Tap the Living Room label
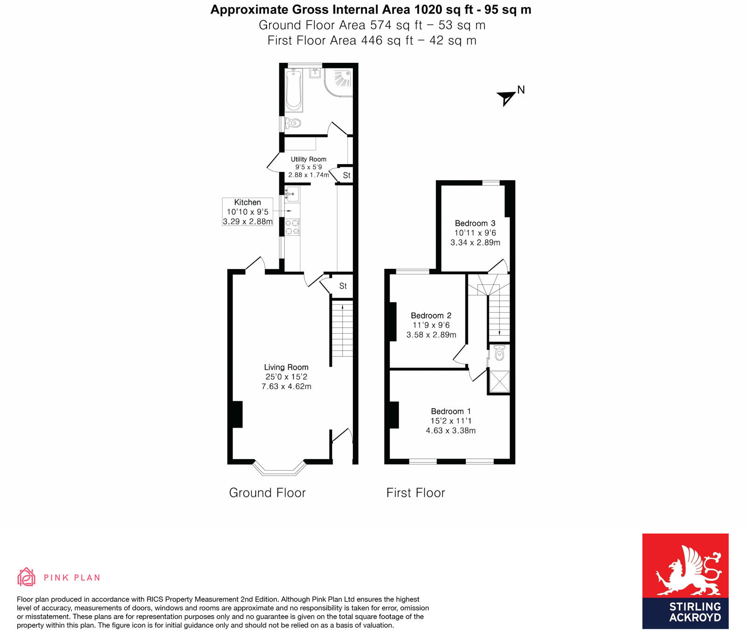click(x=286, y=367)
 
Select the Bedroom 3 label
click(x=475, y=223)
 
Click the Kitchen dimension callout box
click(x=248, y=212)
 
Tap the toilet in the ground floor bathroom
click(x=293, y=123)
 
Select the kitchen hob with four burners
click(x=292, y=227)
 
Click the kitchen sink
click(x=292, y=193)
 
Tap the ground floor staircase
click(x=342, y=329)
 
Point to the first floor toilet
click(x=499, y=354)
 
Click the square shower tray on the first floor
click(x=499, y=381)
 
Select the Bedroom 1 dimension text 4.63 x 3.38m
click(x=450, y=431)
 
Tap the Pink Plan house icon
click(x=27, y=577)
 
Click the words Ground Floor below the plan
click(x=267, y=493)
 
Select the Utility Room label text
click(x=308, y=159)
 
